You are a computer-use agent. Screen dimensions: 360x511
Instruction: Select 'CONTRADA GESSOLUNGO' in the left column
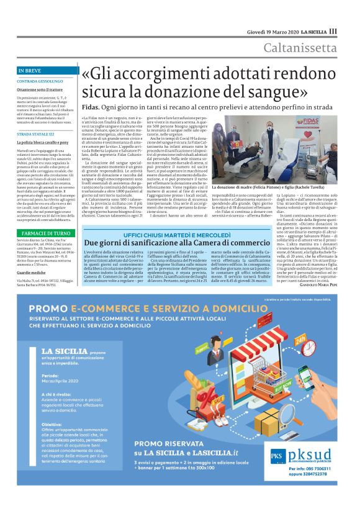(40, 81)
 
